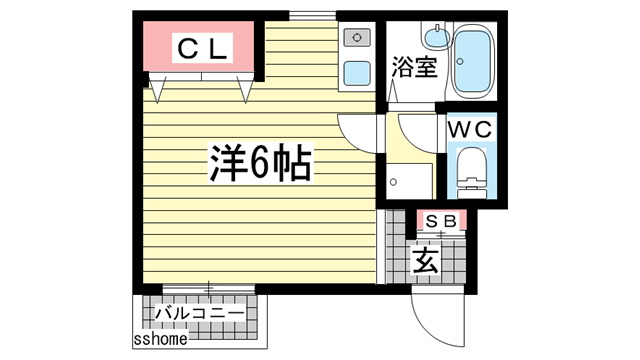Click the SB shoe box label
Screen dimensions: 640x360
pos(440,221)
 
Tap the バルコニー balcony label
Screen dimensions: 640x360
pos(199,313)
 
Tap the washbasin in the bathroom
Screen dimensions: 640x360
pos(435,39)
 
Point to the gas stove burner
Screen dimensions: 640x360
pos(357,39)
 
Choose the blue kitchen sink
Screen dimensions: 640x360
pos(357,72)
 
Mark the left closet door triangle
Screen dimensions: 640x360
pos(159,91)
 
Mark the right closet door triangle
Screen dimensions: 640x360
pos(247,91)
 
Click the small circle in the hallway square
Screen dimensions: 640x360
pos(394,183)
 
